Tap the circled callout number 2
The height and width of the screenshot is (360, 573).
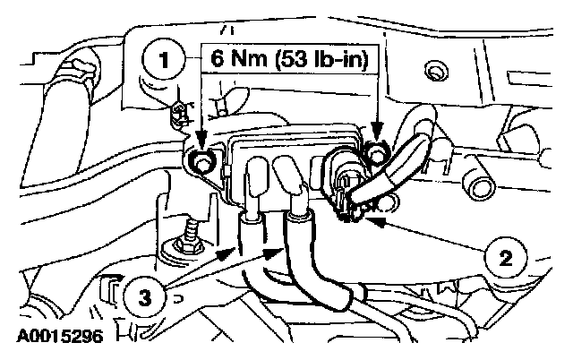click(506, 259)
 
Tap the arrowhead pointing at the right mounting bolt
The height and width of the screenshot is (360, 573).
click(377, 141)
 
